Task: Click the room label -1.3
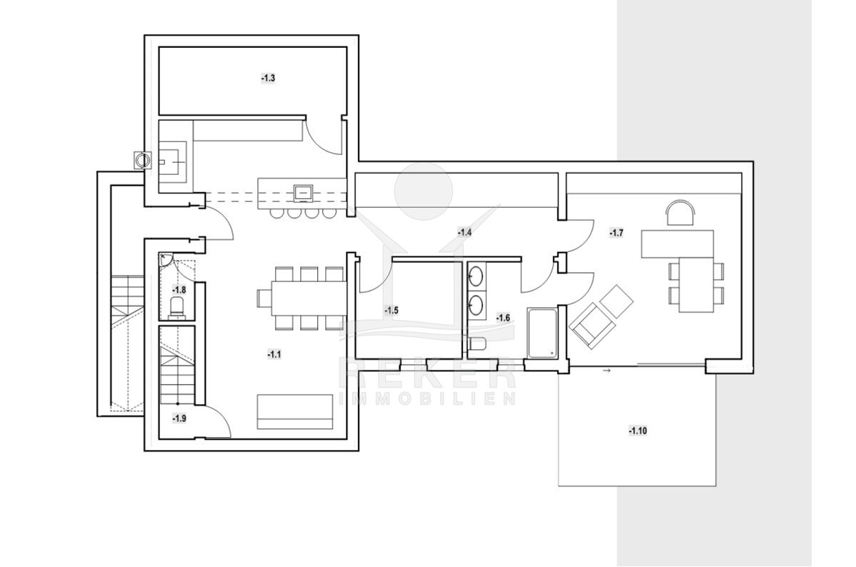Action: (268, 78)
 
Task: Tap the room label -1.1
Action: (274, 355)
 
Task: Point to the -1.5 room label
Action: (392, 311)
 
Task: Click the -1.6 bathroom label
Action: (503, 317)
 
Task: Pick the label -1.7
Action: (617, 233)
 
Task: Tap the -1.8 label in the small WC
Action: (179, 289)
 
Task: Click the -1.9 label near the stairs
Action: (179, 418)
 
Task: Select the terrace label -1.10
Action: (637, 431)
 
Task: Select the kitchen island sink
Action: (303, 192)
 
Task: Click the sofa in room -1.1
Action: (295, 411)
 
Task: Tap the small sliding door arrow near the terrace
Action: (605, 371)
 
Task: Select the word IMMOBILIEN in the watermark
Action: (427, 398)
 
